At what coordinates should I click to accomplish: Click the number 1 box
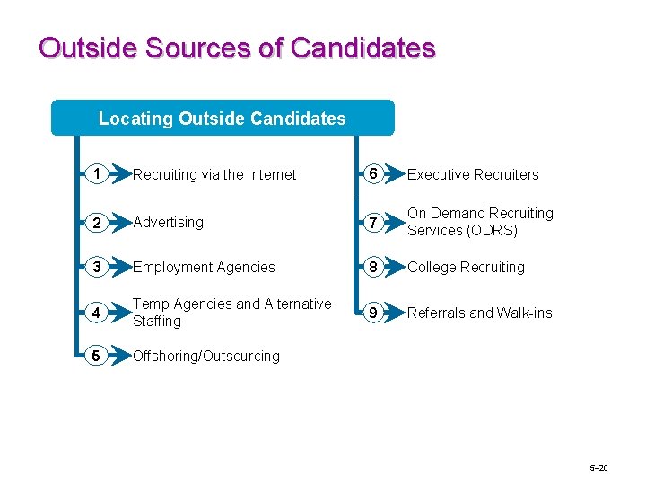(x=93, y=174)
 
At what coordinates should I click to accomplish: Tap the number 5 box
(x=93, y=356)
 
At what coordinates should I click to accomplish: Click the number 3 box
(x=93, y=267)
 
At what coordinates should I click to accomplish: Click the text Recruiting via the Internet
(x=214, y=175)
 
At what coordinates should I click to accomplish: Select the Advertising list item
(x=168, y=222)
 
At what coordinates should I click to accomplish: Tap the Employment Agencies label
(x=204, y=267)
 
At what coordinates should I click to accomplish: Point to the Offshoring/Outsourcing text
(x=206, y=356)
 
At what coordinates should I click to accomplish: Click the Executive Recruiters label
(x=473, y=175)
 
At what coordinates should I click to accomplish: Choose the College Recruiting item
(x=466, y=267)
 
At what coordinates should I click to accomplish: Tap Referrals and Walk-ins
(x=480, y=313)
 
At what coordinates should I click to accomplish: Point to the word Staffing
(x=157, y=321)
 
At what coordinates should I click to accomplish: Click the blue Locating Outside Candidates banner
(x=223, y=118)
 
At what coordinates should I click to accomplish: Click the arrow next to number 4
(x=118, y=313)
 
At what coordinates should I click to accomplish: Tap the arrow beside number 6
(x=393, y=174)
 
